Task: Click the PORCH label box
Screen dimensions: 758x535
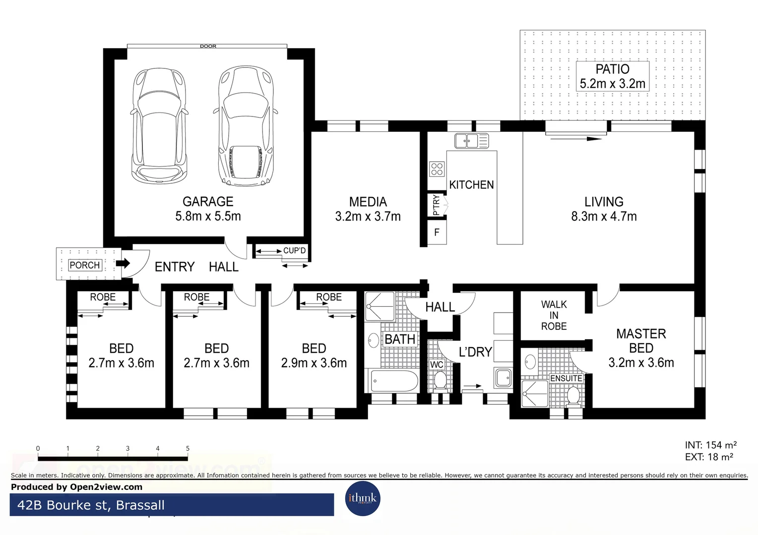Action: (x=85, y=265)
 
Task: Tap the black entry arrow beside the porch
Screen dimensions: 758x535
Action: (x=123, y=263)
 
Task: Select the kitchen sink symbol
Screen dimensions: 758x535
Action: (x=471, y=141)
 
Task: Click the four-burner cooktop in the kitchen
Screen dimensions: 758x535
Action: (x=437, y=169)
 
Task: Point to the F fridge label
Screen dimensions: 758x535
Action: (x=437, y=232)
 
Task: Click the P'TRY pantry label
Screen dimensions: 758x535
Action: (x=436, y=205)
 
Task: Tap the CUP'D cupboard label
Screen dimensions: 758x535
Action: (x=294, y=251)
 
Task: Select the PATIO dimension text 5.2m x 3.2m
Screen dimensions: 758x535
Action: (x=613, y=84)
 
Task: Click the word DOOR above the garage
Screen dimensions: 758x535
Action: (x=208, y=46)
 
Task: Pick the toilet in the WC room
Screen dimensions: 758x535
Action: (x=440, y=381)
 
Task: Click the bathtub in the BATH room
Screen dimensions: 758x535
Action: (x=394, y=381)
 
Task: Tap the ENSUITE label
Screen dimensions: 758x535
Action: (x=566, y=378)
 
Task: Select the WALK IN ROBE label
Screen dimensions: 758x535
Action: (x=554, y=316)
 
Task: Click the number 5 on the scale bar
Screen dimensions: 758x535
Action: (x=188, y=448)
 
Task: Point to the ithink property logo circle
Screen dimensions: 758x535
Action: (x=363, y=498)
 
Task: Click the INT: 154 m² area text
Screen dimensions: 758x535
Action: (x=710, y=445)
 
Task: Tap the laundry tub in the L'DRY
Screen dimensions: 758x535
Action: (x=503, y=377)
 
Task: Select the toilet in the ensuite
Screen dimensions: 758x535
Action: (x=573, y=395)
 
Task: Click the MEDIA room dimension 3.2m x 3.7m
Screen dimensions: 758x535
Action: (x=368, y=216)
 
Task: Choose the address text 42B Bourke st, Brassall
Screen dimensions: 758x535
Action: (x=91, y=505)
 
